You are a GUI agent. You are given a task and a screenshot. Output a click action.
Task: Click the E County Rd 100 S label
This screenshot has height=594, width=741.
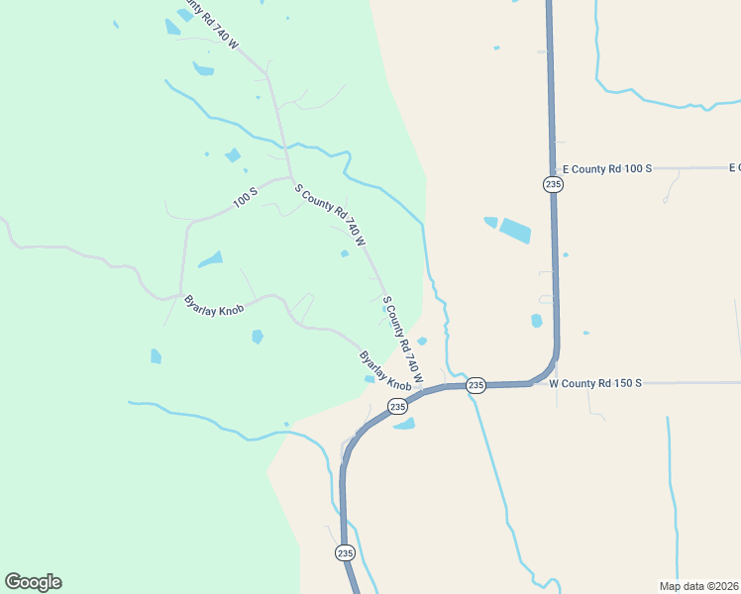pyautogui.click(x=606, y=169)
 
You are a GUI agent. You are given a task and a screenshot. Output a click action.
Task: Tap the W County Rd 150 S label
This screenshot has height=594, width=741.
pyautogui.click(x=596, y=383)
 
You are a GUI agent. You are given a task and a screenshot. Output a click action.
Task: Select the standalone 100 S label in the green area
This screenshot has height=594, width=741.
pyautogui.click(x=245, y=198)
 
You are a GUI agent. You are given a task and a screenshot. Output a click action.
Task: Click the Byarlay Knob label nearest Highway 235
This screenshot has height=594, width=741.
pyautogui.click(x=384, y=370)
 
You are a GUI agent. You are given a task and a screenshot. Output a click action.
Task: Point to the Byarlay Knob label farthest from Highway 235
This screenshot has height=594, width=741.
pyautogui.click(x=213, y=303)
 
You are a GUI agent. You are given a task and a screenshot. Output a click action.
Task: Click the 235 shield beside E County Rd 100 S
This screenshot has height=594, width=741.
pyautogui.click(x=553, y=184)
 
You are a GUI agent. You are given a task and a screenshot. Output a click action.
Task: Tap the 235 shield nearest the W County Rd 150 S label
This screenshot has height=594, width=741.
pyautogui.click(x=476, y=385)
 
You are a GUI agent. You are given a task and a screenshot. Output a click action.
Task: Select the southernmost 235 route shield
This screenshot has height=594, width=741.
pyautogui.click(x=344, y=552)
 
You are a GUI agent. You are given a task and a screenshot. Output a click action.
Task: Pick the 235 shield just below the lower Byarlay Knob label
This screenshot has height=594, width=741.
pyautogui.click(x=397, y=406)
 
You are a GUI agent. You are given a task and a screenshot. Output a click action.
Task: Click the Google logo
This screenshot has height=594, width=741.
pyautogui.click(x=33, y=582)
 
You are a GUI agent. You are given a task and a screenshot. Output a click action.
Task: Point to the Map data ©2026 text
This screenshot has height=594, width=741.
pyautogui.click(x=698, y=586)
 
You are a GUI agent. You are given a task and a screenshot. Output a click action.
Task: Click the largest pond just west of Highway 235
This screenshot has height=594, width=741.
pyautogui.click(x=514, y=231)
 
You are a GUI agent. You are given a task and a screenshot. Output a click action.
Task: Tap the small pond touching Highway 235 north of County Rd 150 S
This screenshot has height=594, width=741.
pyautogui.click(x=537, y=321)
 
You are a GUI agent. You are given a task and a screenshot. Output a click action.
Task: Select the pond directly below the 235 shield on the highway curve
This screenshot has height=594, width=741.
pyautogui.click(x=404, y=425)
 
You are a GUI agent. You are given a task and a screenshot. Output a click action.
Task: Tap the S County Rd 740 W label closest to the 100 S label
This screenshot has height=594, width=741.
pyautogui.click(x=331, y=214)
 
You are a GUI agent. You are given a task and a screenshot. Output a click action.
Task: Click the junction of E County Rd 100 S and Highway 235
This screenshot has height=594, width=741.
pyautogui.click(x=552, y=169)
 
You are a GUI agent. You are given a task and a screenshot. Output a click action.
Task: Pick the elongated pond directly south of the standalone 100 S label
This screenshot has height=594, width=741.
pyautogui.click(x=210, y=260)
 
